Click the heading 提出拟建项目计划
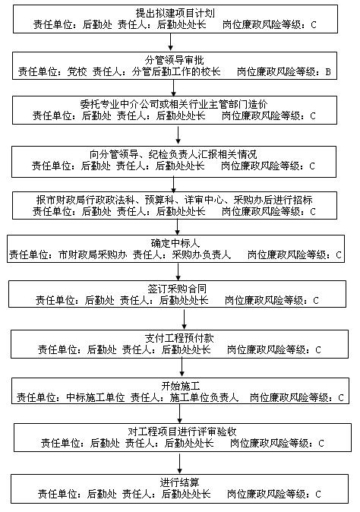tap(175, 13)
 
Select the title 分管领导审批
tap(174, 60)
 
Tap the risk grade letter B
tap(328, 71)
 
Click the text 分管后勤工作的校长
tap(176, 71)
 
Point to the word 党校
tap(77, 71)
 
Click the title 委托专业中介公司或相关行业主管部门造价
tap(174, 104)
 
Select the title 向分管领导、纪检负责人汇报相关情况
tap(173, 154)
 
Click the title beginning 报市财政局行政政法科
tap(174, 200)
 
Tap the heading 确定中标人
tap(175, 243)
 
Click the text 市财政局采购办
tap(93, 254)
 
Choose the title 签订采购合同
tap(177, 289)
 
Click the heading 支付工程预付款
tap(179, 338)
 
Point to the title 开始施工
tap(181, 386)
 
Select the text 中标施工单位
tap(96, 397)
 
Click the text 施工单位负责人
tap(204, 397)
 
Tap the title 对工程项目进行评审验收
tap(182, 431)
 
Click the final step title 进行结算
tap(179, 482)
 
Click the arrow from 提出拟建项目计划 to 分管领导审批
tap(170, 42)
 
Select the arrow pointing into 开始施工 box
tap(182, 368)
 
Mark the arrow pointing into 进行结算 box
tap(179, 463)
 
